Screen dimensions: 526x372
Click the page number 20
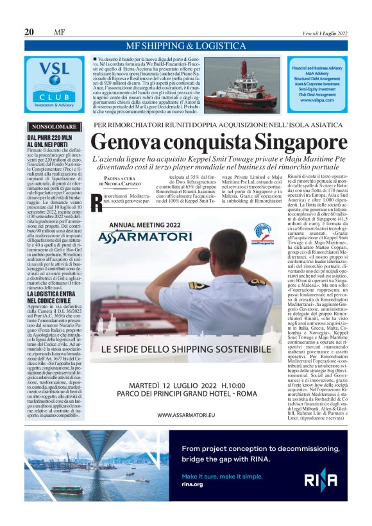click(29, 32)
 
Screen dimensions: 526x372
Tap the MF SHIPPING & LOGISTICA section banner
click(185, 46)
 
